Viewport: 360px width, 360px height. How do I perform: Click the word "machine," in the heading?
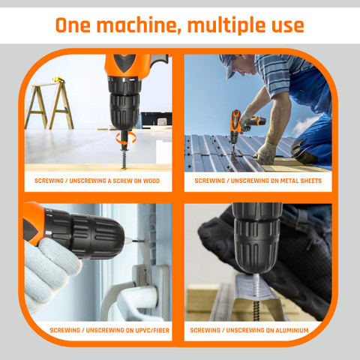click(139, 25)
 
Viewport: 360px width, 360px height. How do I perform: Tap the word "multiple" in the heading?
click(226, 25)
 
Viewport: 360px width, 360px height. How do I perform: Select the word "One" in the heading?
click(73, 25)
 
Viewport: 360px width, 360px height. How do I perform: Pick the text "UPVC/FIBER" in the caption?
click(152, 330)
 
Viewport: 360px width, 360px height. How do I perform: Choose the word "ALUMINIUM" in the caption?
click(292, 330)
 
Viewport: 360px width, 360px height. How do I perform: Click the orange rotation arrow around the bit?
click(126, 138)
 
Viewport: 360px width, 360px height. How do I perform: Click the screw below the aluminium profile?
click(256, 310)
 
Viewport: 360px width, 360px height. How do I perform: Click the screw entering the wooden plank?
click(124, 157)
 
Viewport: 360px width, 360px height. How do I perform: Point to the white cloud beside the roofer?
click(305, 125)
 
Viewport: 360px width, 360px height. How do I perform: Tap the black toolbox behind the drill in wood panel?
click(156, 120)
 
